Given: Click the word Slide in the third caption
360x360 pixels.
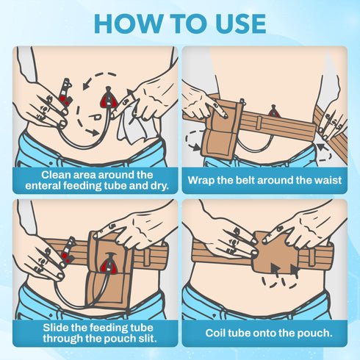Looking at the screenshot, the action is [56, 328].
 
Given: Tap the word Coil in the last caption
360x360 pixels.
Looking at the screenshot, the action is [214, 333].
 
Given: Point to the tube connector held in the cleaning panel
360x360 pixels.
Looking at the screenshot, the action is [65, 93].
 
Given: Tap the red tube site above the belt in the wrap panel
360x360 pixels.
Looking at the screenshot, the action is [273, 111].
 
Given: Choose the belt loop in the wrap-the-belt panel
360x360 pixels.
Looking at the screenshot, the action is [259, 123].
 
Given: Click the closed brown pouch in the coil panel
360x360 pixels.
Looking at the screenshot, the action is [277, 252].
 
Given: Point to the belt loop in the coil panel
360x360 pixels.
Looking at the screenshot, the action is [312, 257].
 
